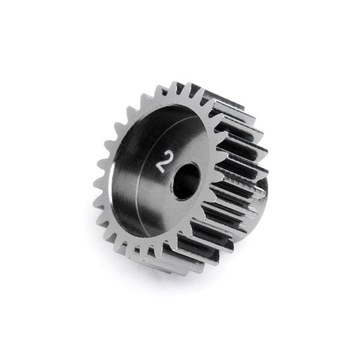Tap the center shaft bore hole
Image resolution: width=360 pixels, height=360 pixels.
tap(186, 181)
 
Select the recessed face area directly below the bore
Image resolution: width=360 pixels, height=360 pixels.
tap(180, 216)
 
